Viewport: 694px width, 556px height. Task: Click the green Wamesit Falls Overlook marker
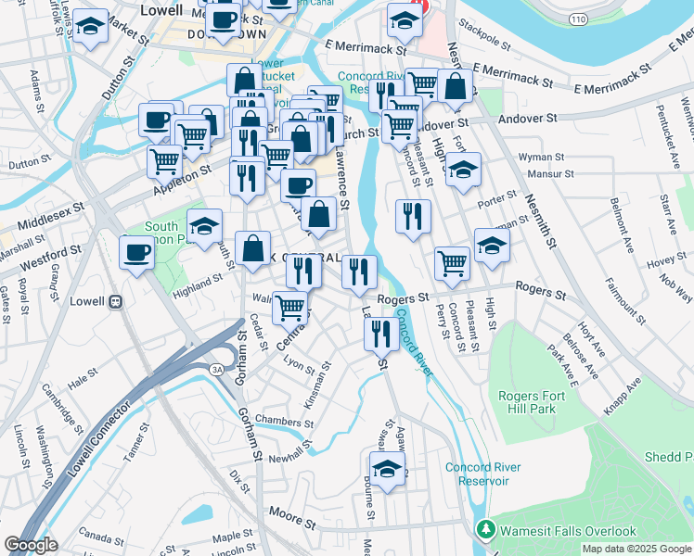(x=482, y=530)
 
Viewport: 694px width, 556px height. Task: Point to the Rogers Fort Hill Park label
(x=538, y=402)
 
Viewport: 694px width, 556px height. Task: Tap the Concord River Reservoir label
(x=477, y=474)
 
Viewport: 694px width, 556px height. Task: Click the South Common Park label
(x=161, y=233)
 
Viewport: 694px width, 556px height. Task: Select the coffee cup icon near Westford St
(x=137, y=253)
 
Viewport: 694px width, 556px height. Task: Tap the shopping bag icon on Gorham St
(x=252, y=249)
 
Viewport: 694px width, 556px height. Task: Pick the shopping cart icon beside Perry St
(x=452, y=263)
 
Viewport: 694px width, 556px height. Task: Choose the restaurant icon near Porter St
(x=413, y=216)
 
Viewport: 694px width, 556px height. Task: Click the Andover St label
(x=525, y=119)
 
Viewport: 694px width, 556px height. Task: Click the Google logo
(x=31, y=545)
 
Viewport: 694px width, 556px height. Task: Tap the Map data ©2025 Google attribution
(x=636, y=549)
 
